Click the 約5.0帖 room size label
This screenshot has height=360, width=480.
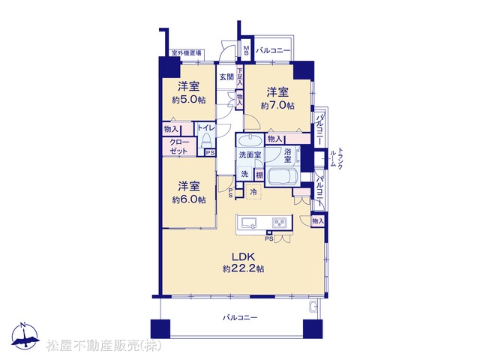point(188,100)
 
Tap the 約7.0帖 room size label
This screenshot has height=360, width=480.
point(277,106)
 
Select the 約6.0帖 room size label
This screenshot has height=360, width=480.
point(188,200)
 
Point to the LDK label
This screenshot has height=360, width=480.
point(243,256)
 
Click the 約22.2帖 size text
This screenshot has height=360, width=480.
point(243,268)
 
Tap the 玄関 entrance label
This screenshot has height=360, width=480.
point(226,76)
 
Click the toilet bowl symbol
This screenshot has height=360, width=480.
point(206,140)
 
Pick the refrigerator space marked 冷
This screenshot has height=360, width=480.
point(253,192)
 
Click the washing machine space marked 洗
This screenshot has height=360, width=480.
point(244,174)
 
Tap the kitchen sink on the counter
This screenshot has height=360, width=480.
point(250,223)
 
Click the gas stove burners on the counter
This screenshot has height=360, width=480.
point(280,222)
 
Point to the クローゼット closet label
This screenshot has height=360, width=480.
point(178,146)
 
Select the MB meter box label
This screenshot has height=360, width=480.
point(247,51)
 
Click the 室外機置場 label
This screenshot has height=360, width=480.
point(187,53)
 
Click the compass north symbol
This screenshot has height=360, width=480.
point(25,336)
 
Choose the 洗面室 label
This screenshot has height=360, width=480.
point(250,154)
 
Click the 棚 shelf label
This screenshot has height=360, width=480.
point(259,175)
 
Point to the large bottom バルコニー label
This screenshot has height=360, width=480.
point(240,318)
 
